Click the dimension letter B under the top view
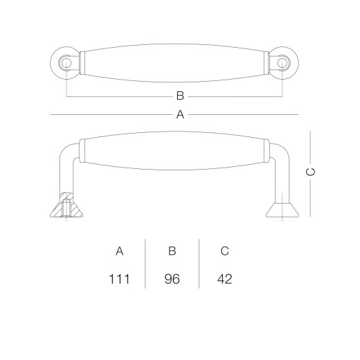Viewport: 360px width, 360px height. click(180, 96)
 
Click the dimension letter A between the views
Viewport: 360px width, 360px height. click(180, 114)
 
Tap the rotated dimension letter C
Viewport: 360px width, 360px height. click(310, 172)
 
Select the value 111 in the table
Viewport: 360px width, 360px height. click(119, 279)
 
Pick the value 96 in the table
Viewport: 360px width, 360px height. click(172, 279)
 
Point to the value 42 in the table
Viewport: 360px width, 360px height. click(224, 279)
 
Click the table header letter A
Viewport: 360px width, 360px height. click(119, 251)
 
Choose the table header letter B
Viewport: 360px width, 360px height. click(172, 251)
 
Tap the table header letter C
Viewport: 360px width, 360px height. click(224, 251)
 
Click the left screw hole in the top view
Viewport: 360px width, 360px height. click(66, 63)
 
